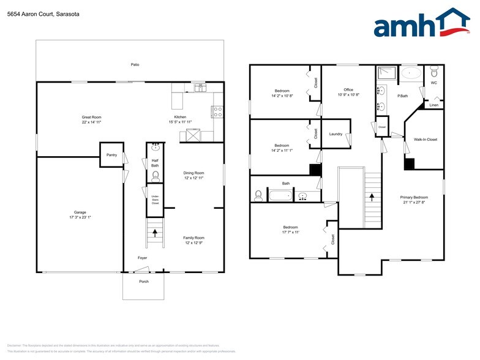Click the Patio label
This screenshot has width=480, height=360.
(x=135, y=64)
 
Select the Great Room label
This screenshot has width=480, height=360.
(x=91, y=117)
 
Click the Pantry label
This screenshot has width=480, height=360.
(x=111, y=155)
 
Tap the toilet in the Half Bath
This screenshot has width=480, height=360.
(x=156, y=176)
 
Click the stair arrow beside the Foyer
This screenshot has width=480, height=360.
(x=155, y=233)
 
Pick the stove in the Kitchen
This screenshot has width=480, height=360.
(x=217, y=111)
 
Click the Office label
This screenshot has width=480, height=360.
(x=348, y=90)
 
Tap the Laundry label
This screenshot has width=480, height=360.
(x=336, y=133)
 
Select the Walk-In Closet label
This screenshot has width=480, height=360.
(x=425, y=140)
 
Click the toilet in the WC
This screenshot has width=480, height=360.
(x=434, y=71)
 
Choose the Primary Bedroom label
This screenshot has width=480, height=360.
(x=414, y=197)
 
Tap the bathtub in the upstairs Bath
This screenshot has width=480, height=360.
(x=282, y=197)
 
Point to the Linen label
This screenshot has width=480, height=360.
(x=433, y=105)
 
